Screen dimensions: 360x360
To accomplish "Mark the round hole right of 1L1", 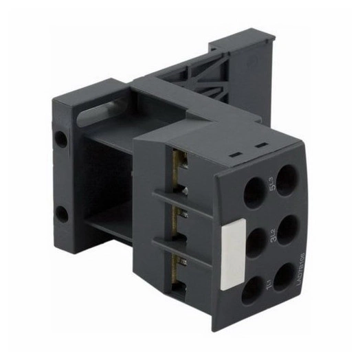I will tap(286, 274).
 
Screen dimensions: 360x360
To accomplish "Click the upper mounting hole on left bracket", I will tap(61, 139).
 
